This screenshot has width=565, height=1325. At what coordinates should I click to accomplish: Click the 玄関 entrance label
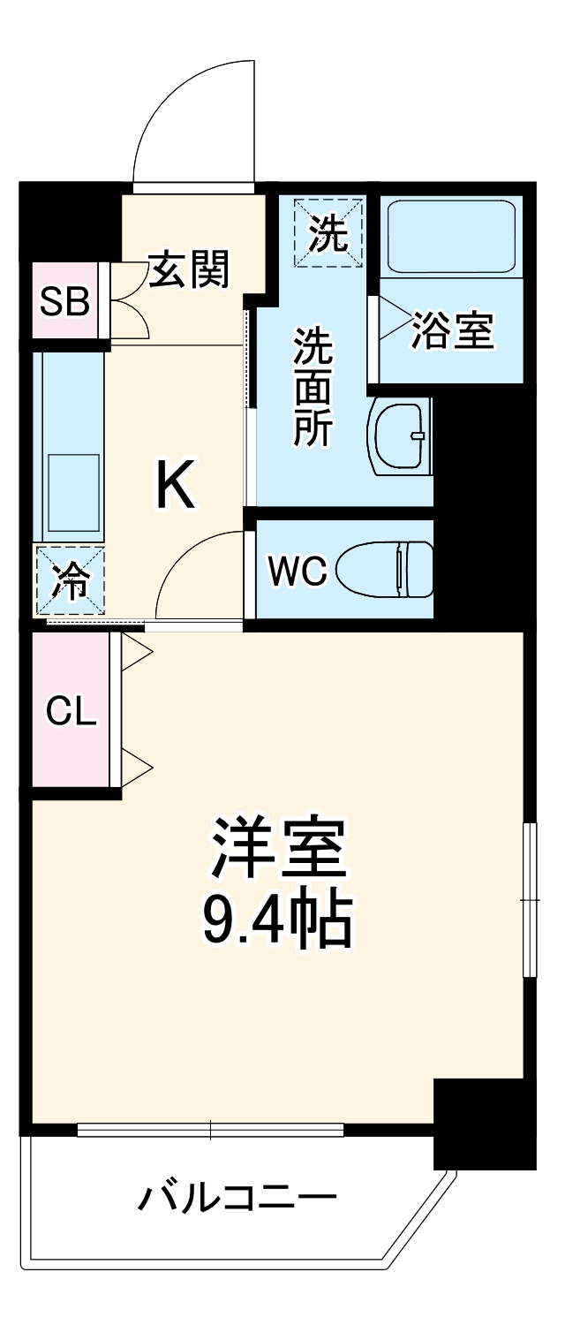click(189, 269)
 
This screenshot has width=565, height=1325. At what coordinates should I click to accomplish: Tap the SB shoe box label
click(65, 302)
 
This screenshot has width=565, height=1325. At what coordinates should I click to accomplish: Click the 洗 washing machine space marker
click(328, 232)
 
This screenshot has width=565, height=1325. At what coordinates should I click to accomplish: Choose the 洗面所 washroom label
click(313, 386)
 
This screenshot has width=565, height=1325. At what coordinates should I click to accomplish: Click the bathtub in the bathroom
click(451, 238)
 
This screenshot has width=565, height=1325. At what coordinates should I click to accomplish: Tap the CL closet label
click(71, 710)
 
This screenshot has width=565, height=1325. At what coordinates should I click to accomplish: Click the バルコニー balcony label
click(237, 1199)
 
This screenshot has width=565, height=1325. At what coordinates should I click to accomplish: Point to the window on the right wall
click(530, 899)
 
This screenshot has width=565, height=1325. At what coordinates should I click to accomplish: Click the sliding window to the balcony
click(210, 1129)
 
